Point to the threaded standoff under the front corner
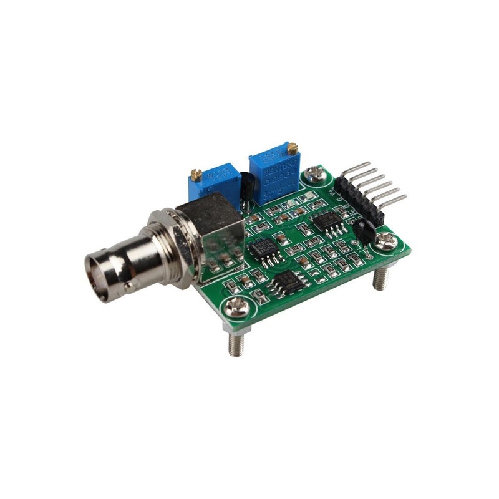coord(236,345)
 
